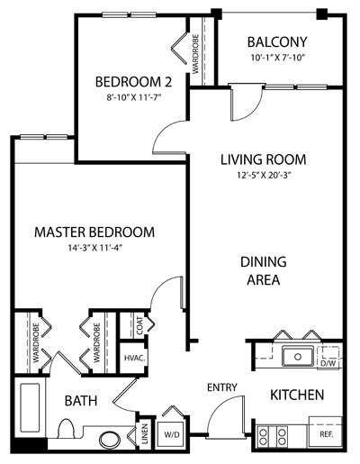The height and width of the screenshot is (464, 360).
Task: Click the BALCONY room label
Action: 277,41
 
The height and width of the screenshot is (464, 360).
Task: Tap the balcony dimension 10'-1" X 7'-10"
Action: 278,58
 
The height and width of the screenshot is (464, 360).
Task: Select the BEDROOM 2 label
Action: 133,82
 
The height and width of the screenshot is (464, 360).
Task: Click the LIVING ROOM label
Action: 264,159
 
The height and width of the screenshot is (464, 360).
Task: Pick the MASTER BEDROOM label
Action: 94,232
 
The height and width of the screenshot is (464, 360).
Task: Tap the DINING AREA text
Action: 264,270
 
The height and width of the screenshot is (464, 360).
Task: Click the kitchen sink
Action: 298,356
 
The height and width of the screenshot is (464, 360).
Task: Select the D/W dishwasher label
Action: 328,363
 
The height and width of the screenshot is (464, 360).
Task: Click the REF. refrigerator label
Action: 327,434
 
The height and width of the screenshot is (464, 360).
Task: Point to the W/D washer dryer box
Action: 172,434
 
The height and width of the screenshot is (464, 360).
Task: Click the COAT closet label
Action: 139,326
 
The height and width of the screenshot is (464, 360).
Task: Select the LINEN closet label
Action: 145,433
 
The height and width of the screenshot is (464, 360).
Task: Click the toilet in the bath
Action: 66,429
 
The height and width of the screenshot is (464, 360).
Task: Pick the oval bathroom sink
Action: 110,441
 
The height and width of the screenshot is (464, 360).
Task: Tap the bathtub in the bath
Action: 30,408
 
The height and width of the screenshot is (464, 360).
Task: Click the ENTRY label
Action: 222,387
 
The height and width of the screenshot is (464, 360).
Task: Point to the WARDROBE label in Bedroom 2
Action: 195,54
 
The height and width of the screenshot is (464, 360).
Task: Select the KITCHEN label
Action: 297,395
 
